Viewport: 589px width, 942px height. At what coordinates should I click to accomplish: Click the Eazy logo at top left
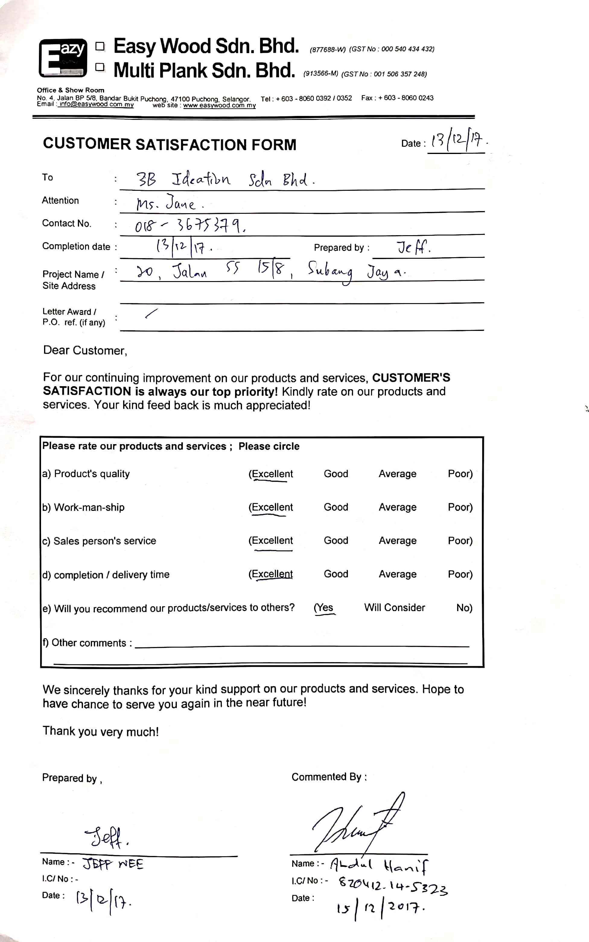click(x=62, y=58)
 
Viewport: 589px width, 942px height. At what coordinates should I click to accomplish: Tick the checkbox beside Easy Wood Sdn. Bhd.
click(x=100, y=47)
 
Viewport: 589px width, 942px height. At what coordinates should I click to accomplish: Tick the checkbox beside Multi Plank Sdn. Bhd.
click(x=100, y=67)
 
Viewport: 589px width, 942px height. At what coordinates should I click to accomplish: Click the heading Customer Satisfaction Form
click(x=170, y=144)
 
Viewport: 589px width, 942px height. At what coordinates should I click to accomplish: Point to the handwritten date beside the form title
click(x=458, y=141)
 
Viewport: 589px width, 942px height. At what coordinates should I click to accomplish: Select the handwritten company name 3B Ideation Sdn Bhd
click(x=225, y=179)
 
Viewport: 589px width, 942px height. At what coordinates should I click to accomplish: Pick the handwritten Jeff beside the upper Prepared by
click(x=413, y=247)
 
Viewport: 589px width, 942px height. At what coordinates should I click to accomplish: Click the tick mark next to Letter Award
click(x=151, y=313)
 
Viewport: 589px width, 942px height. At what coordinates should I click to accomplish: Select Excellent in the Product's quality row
click(x=271, y=474)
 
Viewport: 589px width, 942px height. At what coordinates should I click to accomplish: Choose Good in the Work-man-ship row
click(x=336, y=507)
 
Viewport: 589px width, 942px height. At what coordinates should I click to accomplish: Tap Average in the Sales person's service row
click(x=397, y=540)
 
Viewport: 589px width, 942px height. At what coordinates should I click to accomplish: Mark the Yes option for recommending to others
click(x=324, y=607)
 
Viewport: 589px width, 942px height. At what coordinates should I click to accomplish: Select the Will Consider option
click(x=394, y=607)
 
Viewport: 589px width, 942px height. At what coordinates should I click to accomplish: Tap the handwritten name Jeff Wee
click(x=113, y=864)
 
